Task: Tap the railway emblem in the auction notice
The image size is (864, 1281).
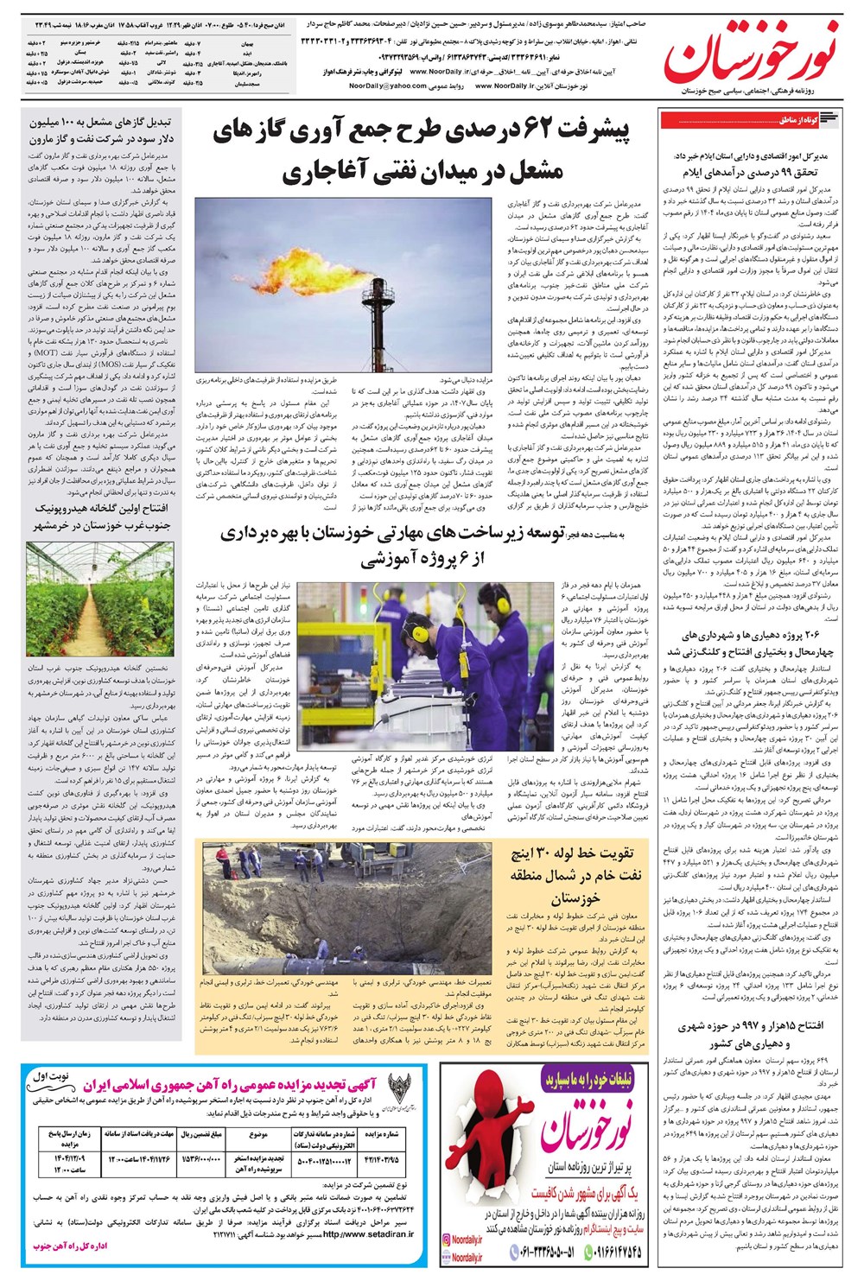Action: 399,1088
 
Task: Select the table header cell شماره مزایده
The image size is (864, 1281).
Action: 381,1133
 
